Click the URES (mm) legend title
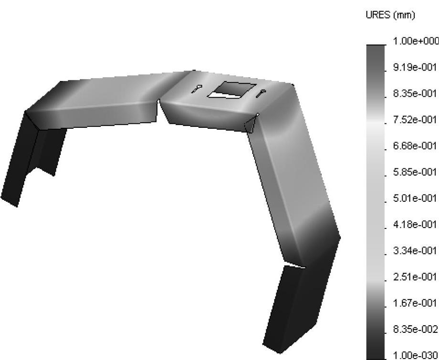click(390, 15)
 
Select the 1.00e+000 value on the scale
click(416, 41)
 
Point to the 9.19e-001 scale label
click(415, 67)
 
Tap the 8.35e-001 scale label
click(415, 93)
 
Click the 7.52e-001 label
click(415, 120)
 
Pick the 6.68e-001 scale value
click(415, 146)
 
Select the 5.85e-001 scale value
click(415, 172)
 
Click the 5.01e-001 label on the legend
click(415, 198)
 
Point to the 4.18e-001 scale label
click(415, 224)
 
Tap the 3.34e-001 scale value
click(415, 251)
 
